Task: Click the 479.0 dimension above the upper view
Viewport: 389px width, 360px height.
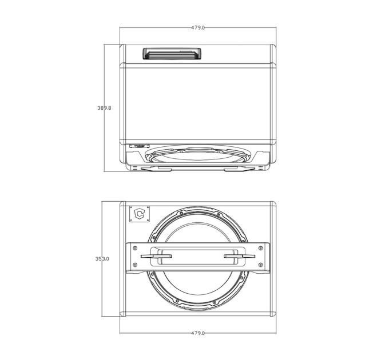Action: pos(198,28)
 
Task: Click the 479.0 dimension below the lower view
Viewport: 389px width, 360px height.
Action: pos(198,333)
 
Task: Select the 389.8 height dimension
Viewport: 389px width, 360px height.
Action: pos(104,108)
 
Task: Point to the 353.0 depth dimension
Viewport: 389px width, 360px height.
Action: pos(102,259)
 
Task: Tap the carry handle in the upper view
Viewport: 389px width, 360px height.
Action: pos(172,54)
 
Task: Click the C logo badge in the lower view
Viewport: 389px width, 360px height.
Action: pos(140,214)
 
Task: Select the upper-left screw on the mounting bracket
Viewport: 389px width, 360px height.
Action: pos(135,248)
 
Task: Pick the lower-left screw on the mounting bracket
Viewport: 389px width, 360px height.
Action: pos(135,265)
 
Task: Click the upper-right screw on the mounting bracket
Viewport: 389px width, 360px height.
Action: pos(260,248)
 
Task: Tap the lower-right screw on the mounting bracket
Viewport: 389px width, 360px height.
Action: pos(260,265)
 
